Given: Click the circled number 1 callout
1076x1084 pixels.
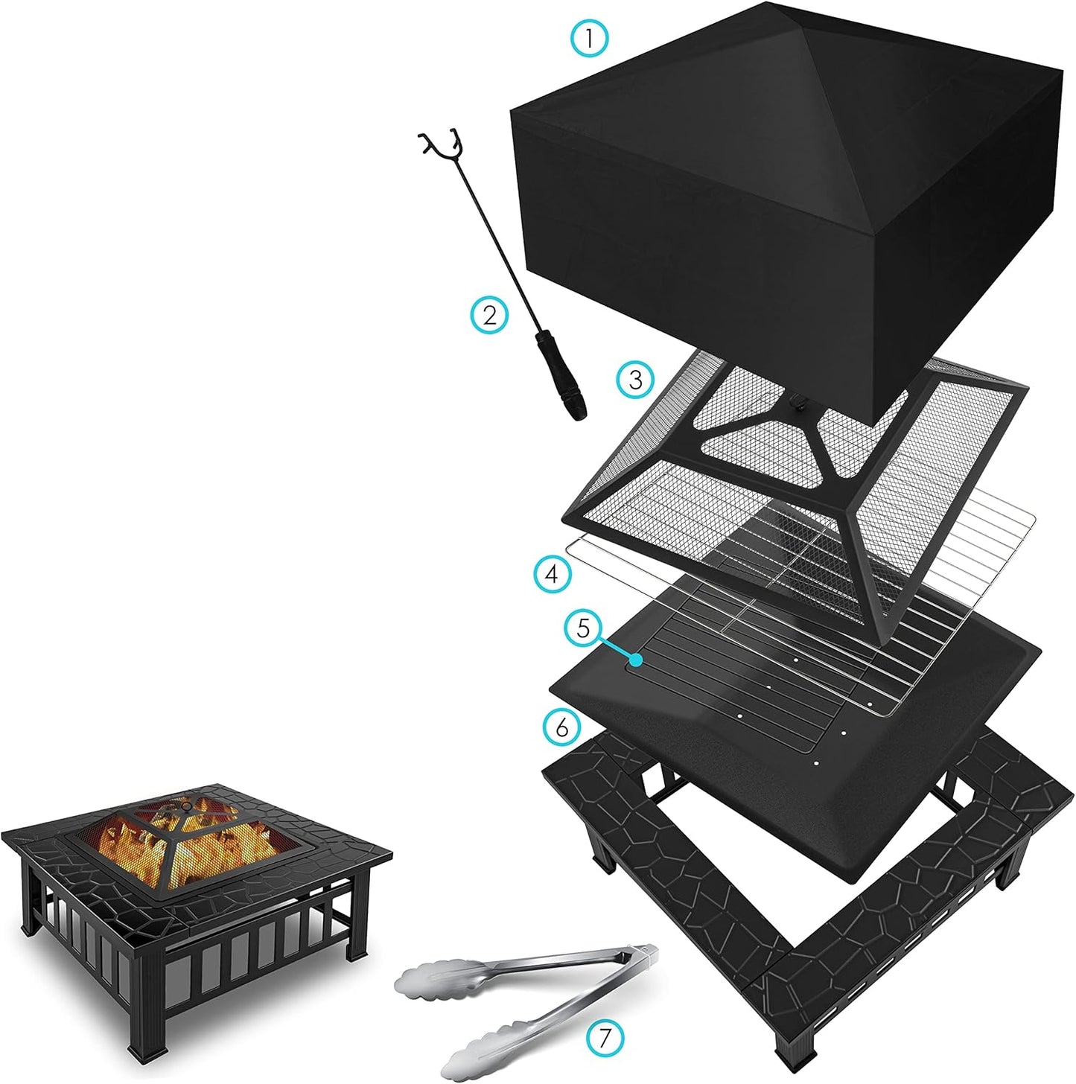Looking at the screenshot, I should pyautogui.click(x=590, y=36).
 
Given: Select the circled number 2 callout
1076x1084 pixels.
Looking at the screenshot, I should pyautogui.click(x=489, y=315).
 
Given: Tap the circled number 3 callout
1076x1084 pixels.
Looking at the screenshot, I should pyautogui.click(x=635, y=380).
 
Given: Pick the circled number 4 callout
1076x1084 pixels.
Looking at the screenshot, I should pyautogui.click(x=552, y=574).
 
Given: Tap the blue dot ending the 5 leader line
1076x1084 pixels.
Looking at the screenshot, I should pyautogui.click(x=635, y=660).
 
